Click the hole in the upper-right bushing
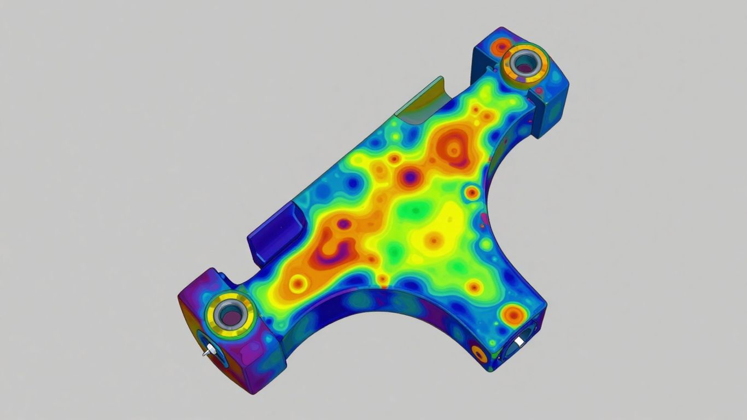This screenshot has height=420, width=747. (x=524, y=61)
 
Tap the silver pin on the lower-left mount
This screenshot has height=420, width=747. (x=207, y=352)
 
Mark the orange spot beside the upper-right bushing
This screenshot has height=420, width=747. (x=500, y=47)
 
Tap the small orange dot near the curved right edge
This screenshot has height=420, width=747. (x=471, y=192)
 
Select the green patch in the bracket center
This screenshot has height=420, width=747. (x=414, y=211)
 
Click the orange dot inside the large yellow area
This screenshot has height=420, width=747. (x=434, y=240)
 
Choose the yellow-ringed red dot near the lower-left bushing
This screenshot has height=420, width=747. (x=298, y=283)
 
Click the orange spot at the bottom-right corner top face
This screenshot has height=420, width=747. (x=512, y=314)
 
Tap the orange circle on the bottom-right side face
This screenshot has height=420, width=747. (x=480, y=354)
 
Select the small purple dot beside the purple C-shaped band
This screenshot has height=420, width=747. (x=343, y=224)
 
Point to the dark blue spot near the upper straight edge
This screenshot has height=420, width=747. (x=353, y=182)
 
